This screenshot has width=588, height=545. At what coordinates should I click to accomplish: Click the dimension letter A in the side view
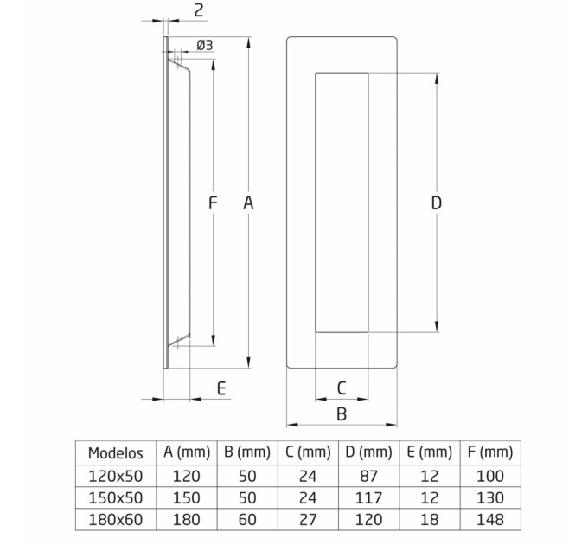pos(248,203)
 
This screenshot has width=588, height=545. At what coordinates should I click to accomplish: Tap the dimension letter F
pos(213,203)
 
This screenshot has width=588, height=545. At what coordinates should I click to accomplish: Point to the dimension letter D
pos(436,203)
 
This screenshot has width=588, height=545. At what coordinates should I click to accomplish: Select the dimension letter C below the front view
pos(342,388)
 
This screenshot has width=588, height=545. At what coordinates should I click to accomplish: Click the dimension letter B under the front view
pos(342,414)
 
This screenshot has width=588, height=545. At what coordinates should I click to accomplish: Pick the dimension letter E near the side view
pos(221,388)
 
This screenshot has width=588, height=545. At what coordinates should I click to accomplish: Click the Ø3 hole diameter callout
pos(205,45)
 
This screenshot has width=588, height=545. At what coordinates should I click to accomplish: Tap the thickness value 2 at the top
pos(199,10)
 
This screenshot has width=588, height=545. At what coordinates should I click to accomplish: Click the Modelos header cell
pos(116,453)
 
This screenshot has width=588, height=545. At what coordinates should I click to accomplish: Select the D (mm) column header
pos(368,452)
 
